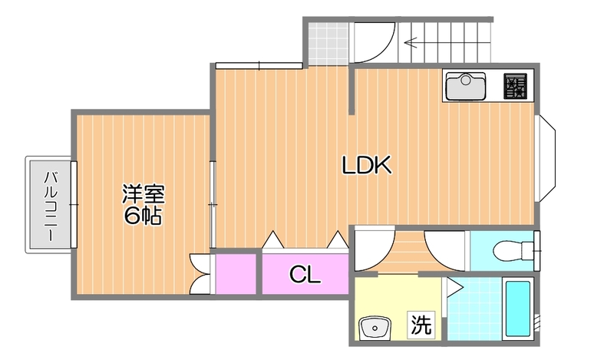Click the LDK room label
[367, 165]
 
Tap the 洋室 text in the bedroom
[143, 194]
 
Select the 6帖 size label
[143, 216]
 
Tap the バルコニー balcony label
[50, 206]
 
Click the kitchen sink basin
[464, 85]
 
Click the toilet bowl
[507, 250]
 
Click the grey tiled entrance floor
[328, 44]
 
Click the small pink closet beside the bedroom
[235, 274]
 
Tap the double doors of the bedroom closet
[200, 273]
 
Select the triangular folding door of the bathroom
[454, 288]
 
